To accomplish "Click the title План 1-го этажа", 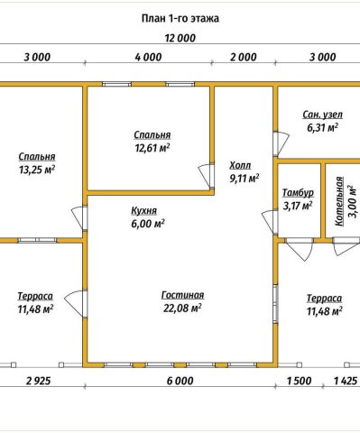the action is pyautogui.click(x=180, y=19).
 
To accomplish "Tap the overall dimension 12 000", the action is pyautogui.click(x=180, y=38).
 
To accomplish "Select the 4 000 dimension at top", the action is pyautogui.click(x=148, y=57).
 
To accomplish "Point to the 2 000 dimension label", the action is pyautogui.click(x=244, y=57).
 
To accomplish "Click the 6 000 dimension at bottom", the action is pyautogui.click(x=180, y=381).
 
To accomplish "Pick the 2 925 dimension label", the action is pyautogui.click(x=39, y=381).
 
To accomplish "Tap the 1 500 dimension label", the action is pyautogui.click(x=299, y=381).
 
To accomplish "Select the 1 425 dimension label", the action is pyautogui.click(x=346, y=381).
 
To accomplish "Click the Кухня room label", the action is pyautogui.click(x=144, y=211).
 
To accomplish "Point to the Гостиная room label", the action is pyautogui.click(x=182, y=295).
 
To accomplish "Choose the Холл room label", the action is pyautogui.click(x=240, y=165).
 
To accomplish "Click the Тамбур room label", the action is pyautogui.click(x=298, y=193).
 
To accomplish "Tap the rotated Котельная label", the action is pyautogui.click(x=339, y=201).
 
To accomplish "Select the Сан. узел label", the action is pyautogui.click(x=322, y=115).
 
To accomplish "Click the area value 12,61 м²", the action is pyautogui.click(x=152, y=148).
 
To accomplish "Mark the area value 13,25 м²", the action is pyautogui.click(x=37, y=170).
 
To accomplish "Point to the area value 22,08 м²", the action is pyautogui.click(x=182, y=308).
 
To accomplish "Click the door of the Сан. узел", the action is pyautogui.click(x=281, y=143).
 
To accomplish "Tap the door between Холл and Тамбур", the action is pyautogui.click(x=271, y=222).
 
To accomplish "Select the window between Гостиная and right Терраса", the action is pyautogui.click(x=275, y=303).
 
